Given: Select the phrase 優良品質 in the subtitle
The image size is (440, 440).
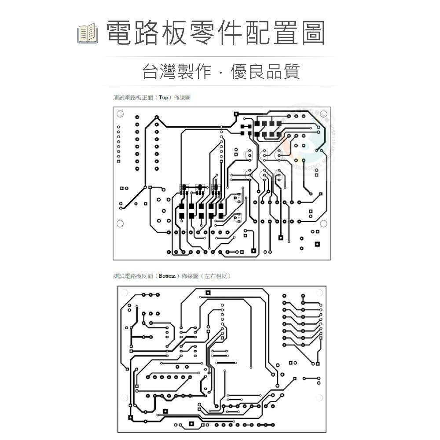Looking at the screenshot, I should tap(265, 71).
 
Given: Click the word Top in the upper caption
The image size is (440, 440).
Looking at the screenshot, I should tap(163, 98).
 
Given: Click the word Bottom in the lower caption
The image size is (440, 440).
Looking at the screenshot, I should tap(167, 276).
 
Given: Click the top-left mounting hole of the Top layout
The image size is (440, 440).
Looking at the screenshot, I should tap(120, 114).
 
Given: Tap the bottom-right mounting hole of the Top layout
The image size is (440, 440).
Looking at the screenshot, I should tap(323, 224).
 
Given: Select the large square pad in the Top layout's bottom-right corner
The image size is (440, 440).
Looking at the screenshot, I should tap(317, 244).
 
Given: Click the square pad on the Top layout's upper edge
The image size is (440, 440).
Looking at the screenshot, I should tap(236, 114).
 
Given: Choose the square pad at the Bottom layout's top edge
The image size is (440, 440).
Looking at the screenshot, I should tap(208, 293).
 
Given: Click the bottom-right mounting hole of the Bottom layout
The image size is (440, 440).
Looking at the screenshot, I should tap(319, 398).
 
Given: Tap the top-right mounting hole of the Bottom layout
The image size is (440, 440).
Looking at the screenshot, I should tap(319, 293).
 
